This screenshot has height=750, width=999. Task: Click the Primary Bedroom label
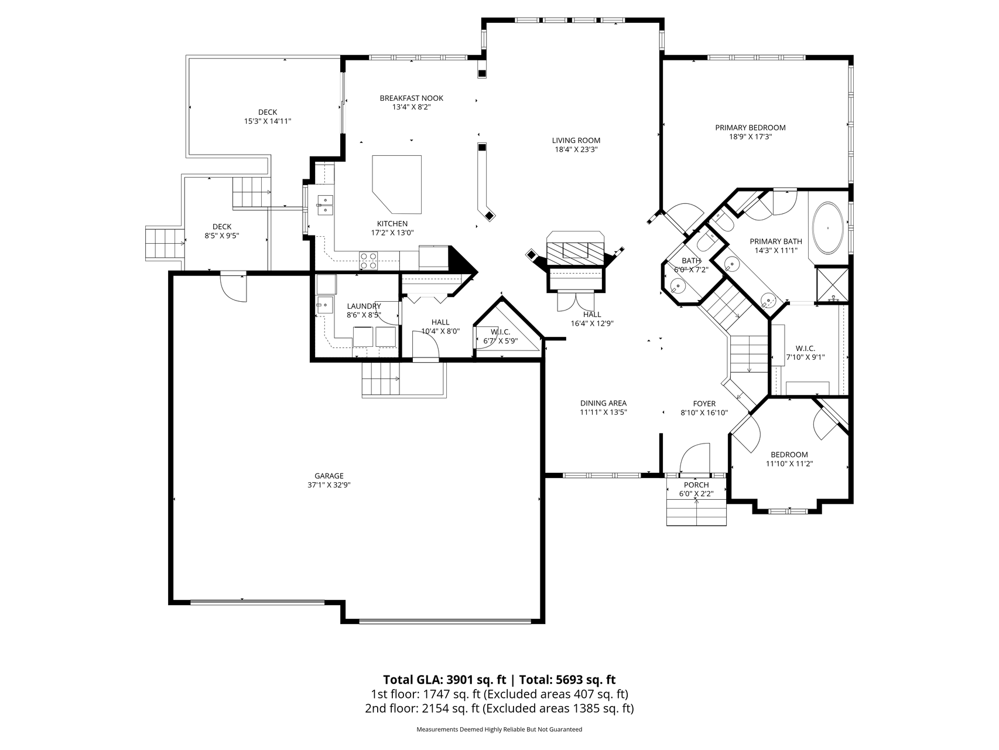[x=750, y=128]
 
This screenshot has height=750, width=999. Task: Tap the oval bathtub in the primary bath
[x=827, y=228]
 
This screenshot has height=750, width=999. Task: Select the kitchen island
[x=397, y=184]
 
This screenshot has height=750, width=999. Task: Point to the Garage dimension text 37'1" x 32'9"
[x=329, y=485]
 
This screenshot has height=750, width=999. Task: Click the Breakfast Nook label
[x=412, y=98]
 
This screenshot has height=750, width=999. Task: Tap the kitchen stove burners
[x=368, y=261]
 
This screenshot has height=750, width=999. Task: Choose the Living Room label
[x=576, y=140]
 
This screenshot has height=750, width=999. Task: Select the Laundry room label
[x=364, y=306]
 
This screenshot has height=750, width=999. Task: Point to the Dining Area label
[x=603, y=403]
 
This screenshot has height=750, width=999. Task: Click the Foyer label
[x=704, y=404]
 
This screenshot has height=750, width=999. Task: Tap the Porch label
[x=696, y=485]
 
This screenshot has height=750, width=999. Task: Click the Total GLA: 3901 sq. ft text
[x=444, y=680]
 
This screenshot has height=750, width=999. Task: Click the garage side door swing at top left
[x=234, y=288]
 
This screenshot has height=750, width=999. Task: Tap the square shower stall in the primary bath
[x=832, y=285]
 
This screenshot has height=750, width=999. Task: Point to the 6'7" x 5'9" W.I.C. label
[x=501, y=336]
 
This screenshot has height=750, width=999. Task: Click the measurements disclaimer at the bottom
[x=499, y=729]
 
